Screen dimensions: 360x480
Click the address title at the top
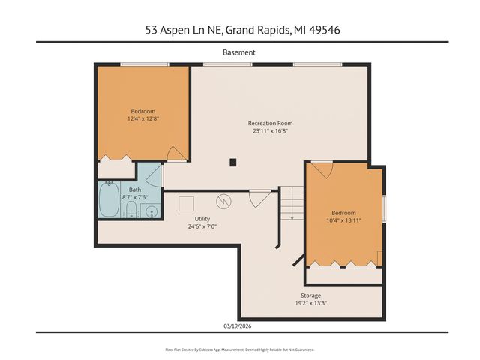[x=239, y=30]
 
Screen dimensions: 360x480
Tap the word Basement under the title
[x=239, y=52]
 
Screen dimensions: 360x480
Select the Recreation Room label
[x=270, y=123]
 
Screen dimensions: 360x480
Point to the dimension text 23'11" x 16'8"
[x=270, y=131]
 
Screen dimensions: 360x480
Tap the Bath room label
[x=134, y=190]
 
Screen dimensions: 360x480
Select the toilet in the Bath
[x=130, y=208]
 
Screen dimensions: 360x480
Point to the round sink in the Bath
[x=151, y=212]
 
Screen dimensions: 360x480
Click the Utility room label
[x=202, y=218]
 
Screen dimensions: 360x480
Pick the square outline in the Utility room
[x=185, y=202]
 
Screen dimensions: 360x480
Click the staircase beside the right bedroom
[x=291, y=202]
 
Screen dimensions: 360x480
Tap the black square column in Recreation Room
[x=233, y=161]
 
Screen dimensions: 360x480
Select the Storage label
[x=311, y=295]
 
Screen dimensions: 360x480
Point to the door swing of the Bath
[x=153, y=177]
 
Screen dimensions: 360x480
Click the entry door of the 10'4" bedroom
[x=322, y=169]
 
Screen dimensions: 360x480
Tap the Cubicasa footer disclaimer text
[x=239, y=349]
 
